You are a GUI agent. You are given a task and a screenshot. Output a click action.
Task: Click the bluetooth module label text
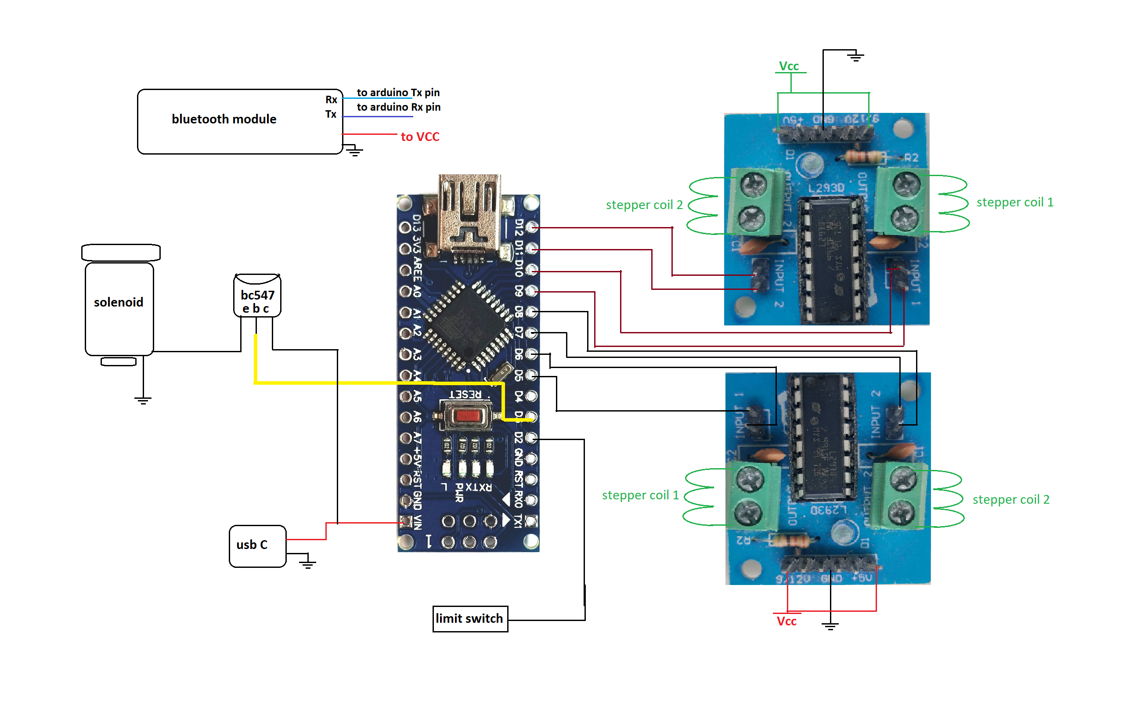[x=224, y=119]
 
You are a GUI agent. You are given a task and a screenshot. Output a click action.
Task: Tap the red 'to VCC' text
[x=419, y=137]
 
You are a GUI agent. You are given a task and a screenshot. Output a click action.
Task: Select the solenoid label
[x=118, y=302]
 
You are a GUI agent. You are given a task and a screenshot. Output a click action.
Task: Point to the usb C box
[x=257, y=546]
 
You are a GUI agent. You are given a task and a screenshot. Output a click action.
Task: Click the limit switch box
[x=469, y=618]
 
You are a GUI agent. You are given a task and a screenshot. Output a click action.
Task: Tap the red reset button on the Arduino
[x=467, y=416]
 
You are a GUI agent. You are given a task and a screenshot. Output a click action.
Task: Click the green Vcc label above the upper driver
[x=788, y=66]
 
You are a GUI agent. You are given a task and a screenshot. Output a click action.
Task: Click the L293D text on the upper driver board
[x=826, y=188]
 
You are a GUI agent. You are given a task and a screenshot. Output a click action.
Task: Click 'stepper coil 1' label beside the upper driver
[x=1014, y=202]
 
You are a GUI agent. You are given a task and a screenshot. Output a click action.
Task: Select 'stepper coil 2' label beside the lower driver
[x=1010, y=499]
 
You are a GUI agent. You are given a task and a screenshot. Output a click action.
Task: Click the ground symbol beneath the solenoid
[x=143, y=400]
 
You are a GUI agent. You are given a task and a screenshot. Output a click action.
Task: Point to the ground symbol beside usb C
[x=307, y=563]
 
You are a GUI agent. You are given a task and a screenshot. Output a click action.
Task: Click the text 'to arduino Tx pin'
[x=398, y=92]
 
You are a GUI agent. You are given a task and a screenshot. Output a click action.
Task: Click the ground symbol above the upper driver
[x=855, y=57]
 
